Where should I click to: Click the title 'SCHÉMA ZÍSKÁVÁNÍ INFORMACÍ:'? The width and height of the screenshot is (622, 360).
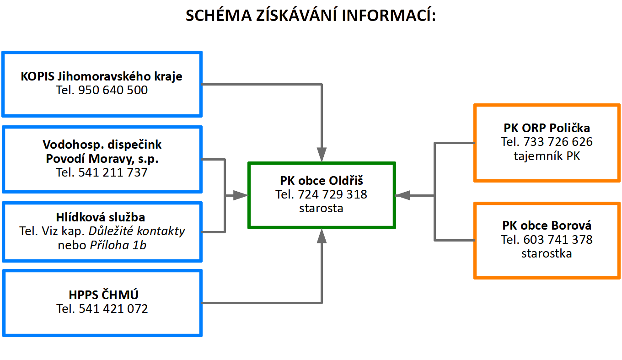[x=311, y=15]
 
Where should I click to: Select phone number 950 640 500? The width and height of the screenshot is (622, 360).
[x=113, y=90]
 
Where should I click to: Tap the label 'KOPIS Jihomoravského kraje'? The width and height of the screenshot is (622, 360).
[x=102, y=76]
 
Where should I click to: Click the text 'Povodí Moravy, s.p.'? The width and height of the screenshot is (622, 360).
[x=102, y=159]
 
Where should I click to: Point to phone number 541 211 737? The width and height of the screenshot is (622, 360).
[x=113, y=172]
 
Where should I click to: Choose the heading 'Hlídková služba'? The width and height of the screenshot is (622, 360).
[x=101, y=217]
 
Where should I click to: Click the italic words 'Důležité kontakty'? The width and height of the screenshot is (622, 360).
[x=137, y=231]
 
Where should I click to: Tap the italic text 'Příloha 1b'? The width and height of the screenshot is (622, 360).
[x=118, y=245]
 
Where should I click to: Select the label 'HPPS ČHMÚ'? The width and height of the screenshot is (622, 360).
[x=103, y=295]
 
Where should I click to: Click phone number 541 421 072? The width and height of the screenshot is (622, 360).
[x=113, y=309]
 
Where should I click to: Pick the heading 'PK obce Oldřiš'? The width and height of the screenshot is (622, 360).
[x=321, y=181]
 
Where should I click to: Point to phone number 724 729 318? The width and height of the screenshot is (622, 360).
[x=332, y=194]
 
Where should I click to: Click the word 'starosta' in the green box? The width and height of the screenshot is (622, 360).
[x=321, y=208]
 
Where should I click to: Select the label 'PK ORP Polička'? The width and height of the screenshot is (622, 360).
[x=547, y=128]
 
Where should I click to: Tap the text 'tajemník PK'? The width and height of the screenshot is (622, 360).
[x=547, y=156]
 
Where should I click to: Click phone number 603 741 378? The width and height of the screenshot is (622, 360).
[x=558, y=239]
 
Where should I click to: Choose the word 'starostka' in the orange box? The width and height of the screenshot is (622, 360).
[x=547, y=253]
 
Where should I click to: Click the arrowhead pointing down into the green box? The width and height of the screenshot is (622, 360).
[x=322, y=155]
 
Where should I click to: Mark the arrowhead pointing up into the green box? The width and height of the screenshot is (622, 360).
[x=322, y=236]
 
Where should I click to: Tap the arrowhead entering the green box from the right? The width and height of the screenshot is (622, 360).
[x=402, y=195]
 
